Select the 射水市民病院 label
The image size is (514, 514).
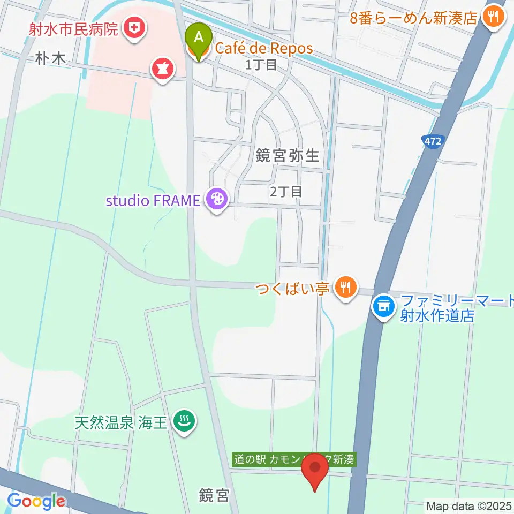coord(73,28)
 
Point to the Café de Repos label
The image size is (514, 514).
coord(264,48)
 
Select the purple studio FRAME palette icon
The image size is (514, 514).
coord(217,200)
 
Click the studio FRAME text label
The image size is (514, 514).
coord(153,201)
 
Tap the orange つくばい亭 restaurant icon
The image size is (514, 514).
coord(346,288)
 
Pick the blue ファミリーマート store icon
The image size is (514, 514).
coord(383,307)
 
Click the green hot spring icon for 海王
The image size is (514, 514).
coord(185,422)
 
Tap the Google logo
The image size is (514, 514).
coord(36,501)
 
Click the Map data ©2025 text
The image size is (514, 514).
coord(468,505)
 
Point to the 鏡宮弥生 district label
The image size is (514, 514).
coord(287,156)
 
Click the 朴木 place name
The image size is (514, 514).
coord(51,59)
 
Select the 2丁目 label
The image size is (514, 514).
coord(286,192)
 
